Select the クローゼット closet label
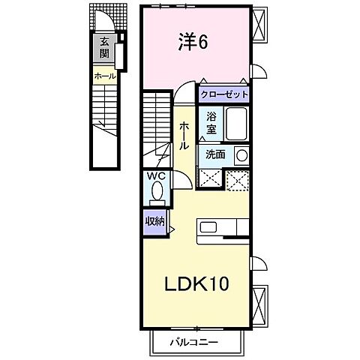pyautogui.click(x=224, y=95)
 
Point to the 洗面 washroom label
pyautogui.click(x=215, y=154)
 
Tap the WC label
pyautogui.click(x=157, y=175)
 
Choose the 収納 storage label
pyautogui.click(x=155, y=223)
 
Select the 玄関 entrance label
pyautogui.click(x=101, y=49)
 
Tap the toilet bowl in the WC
pyautogui.click(x=157, y=192)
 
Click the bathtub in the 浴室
pyautogui.click(x=236, y=122)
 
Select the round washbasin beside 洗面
pyautogui.click(x=240, y=154)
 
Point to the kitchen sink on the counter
pyautogui.click(x=208, y=227)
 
